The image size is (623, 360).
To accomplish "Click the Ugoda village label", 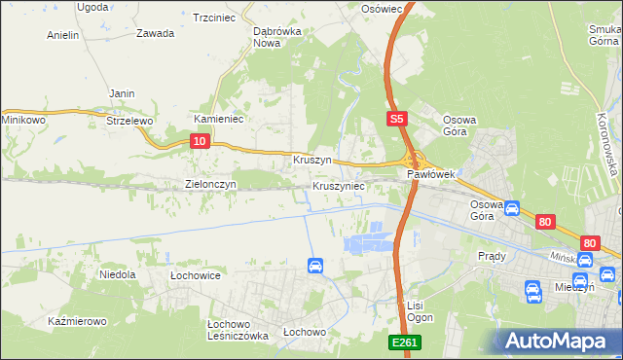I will tap(92, 7).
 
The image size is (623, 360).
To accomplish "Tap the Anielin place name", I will tap(62, 35).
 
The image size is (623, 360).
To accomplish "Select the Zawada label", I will tap(155, 33).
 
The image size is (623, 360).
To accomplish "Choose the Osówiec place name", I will tap(382, 8).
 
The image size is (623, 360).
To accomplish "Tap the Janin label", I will tap(122, 93).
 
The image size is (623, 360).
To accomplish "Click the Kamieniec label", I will tap(218, 119).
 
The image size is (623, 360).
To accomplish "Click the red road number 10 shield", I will tap(199, 142).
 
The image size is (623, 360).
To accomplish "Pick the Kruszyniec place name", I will tap(338, 185).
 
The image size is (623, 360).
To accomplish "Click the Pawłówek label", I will tap(431, 175).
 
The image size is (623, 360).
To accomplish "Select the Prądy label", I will tap(492, 256).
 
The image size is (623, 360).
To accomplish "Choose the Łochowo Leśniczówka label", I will tap(238, 330).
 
